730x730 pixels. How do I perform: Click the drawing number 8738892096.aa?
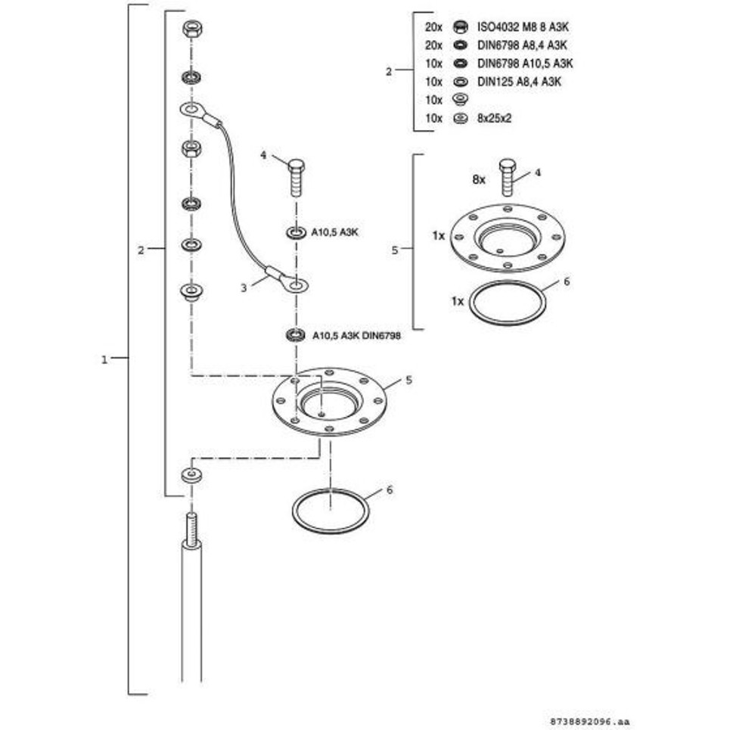coord(589,722)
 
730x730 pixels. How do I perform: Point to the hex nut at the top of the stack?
coord(191,30)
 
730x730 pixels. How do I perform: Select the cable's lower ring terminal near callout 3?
coord(295,285)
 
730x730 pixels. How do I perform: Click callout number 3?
coord(244,287)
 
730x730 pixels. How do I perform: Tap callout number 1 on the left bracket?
coord(104,359)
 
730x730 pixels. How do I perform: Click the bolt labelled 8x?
coord(508,177)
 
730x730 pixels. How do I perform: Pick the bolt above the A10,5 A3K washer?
coord(297,177)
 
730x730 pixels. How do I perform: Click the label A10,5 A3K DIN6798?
coord(356,334)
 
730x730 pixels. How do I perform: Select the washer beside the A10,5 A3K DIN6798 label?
coord(295,334)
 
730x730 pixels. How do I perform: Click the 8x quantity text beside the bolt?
coord(478,180)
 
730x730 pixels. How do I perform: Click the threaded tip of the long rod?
coord(191,527)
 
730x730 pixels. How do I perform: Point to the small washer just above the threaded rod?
coord(191,476)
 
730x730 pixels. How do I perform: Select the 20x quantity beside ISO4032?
coord(433,26)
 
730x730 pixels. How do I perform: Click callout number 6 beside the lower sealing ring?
coord(390,490)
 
